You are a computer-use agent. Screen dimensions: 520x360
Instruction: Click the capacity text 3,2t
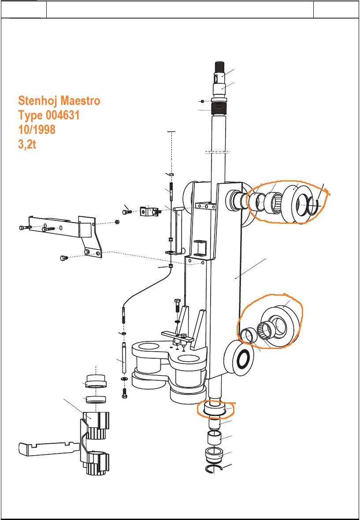[27, 145]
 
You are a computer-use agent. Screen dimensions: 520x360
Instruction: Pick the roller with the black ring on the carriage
[238, 360]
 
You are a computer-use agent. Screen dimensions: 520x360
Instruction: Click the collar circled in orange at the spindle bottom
[216, 409]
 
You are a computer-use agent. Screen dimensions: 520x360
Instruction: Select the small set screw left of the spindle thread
[200, 101]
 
